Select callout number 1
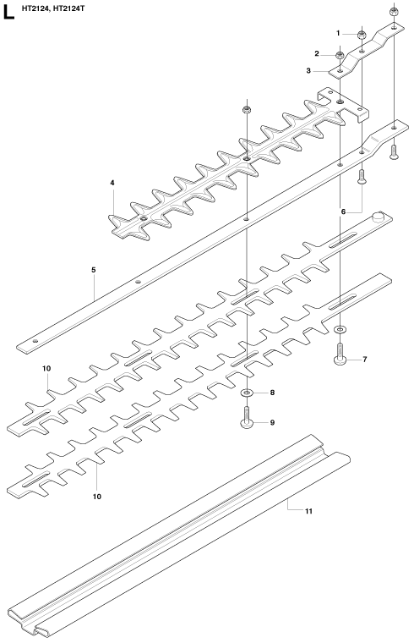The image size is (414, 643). coord(338,33)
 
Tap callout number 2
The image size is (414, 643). coord(317,53)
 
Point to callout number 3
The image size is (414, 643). coord(308,70)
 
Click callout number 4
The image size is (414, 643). coord(112,183)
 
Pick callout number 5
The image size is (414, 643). coord(94,270)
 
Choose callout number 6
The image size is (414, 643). coord(343,212)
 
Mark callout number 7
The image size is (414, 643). coord(365,360)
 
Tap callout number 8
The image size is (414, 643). coord(272,393)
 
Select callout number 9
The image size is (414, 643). coord(272,422)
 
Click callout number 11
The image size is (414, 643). coord(308,511)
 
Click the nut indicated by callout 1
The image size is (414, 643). coord(362,35)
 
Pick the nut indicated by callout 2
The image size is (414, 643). coord(340,55)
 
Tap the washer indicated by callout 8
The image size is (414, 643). coord(247,393)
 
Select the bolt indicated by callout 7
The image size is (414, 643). coord(340,354)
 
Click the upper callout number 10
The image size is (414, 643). coord(46,368)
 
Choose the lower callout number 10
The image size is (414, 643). coord(96,497)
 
